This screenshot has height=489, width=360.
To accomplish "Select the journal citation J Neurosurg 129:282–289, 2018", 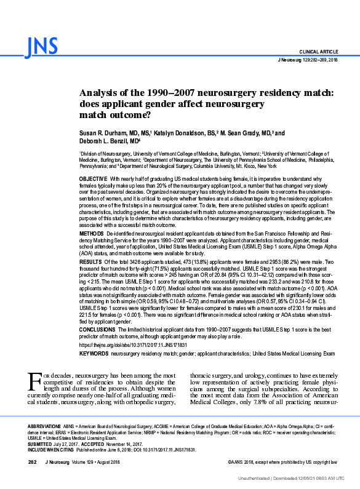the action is [308, 60].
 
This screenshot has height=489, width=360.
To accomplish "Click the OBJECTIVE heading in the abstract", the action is [93, 178].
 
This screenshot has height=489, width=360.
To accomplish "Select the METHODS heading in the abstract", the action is [92, 235].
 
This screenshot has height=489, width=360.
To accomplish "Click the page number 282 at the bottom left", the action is [33, 461].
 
